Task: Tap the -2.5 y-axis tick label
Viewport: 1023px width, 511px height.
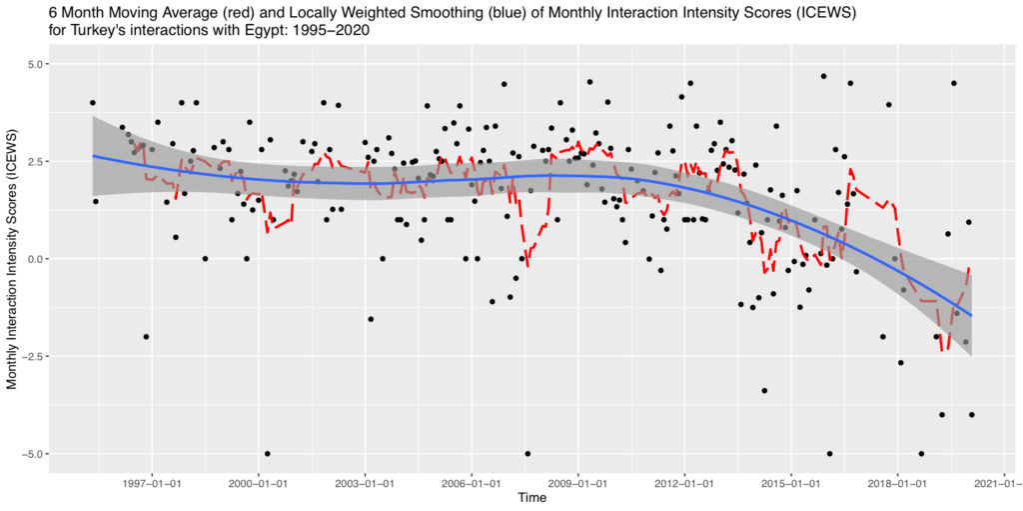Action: coord(34,356)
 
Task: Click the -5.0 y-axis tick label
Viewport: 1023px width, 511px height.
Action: coord(34,454)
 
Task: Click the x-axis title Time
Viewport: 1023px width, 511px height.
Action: coord(531,498)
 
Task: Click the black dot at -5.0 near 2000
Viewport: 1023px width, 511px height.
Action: coord(267,454)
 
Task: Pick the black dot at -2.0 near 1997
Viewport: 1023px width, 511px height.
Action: coord(146,337)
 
